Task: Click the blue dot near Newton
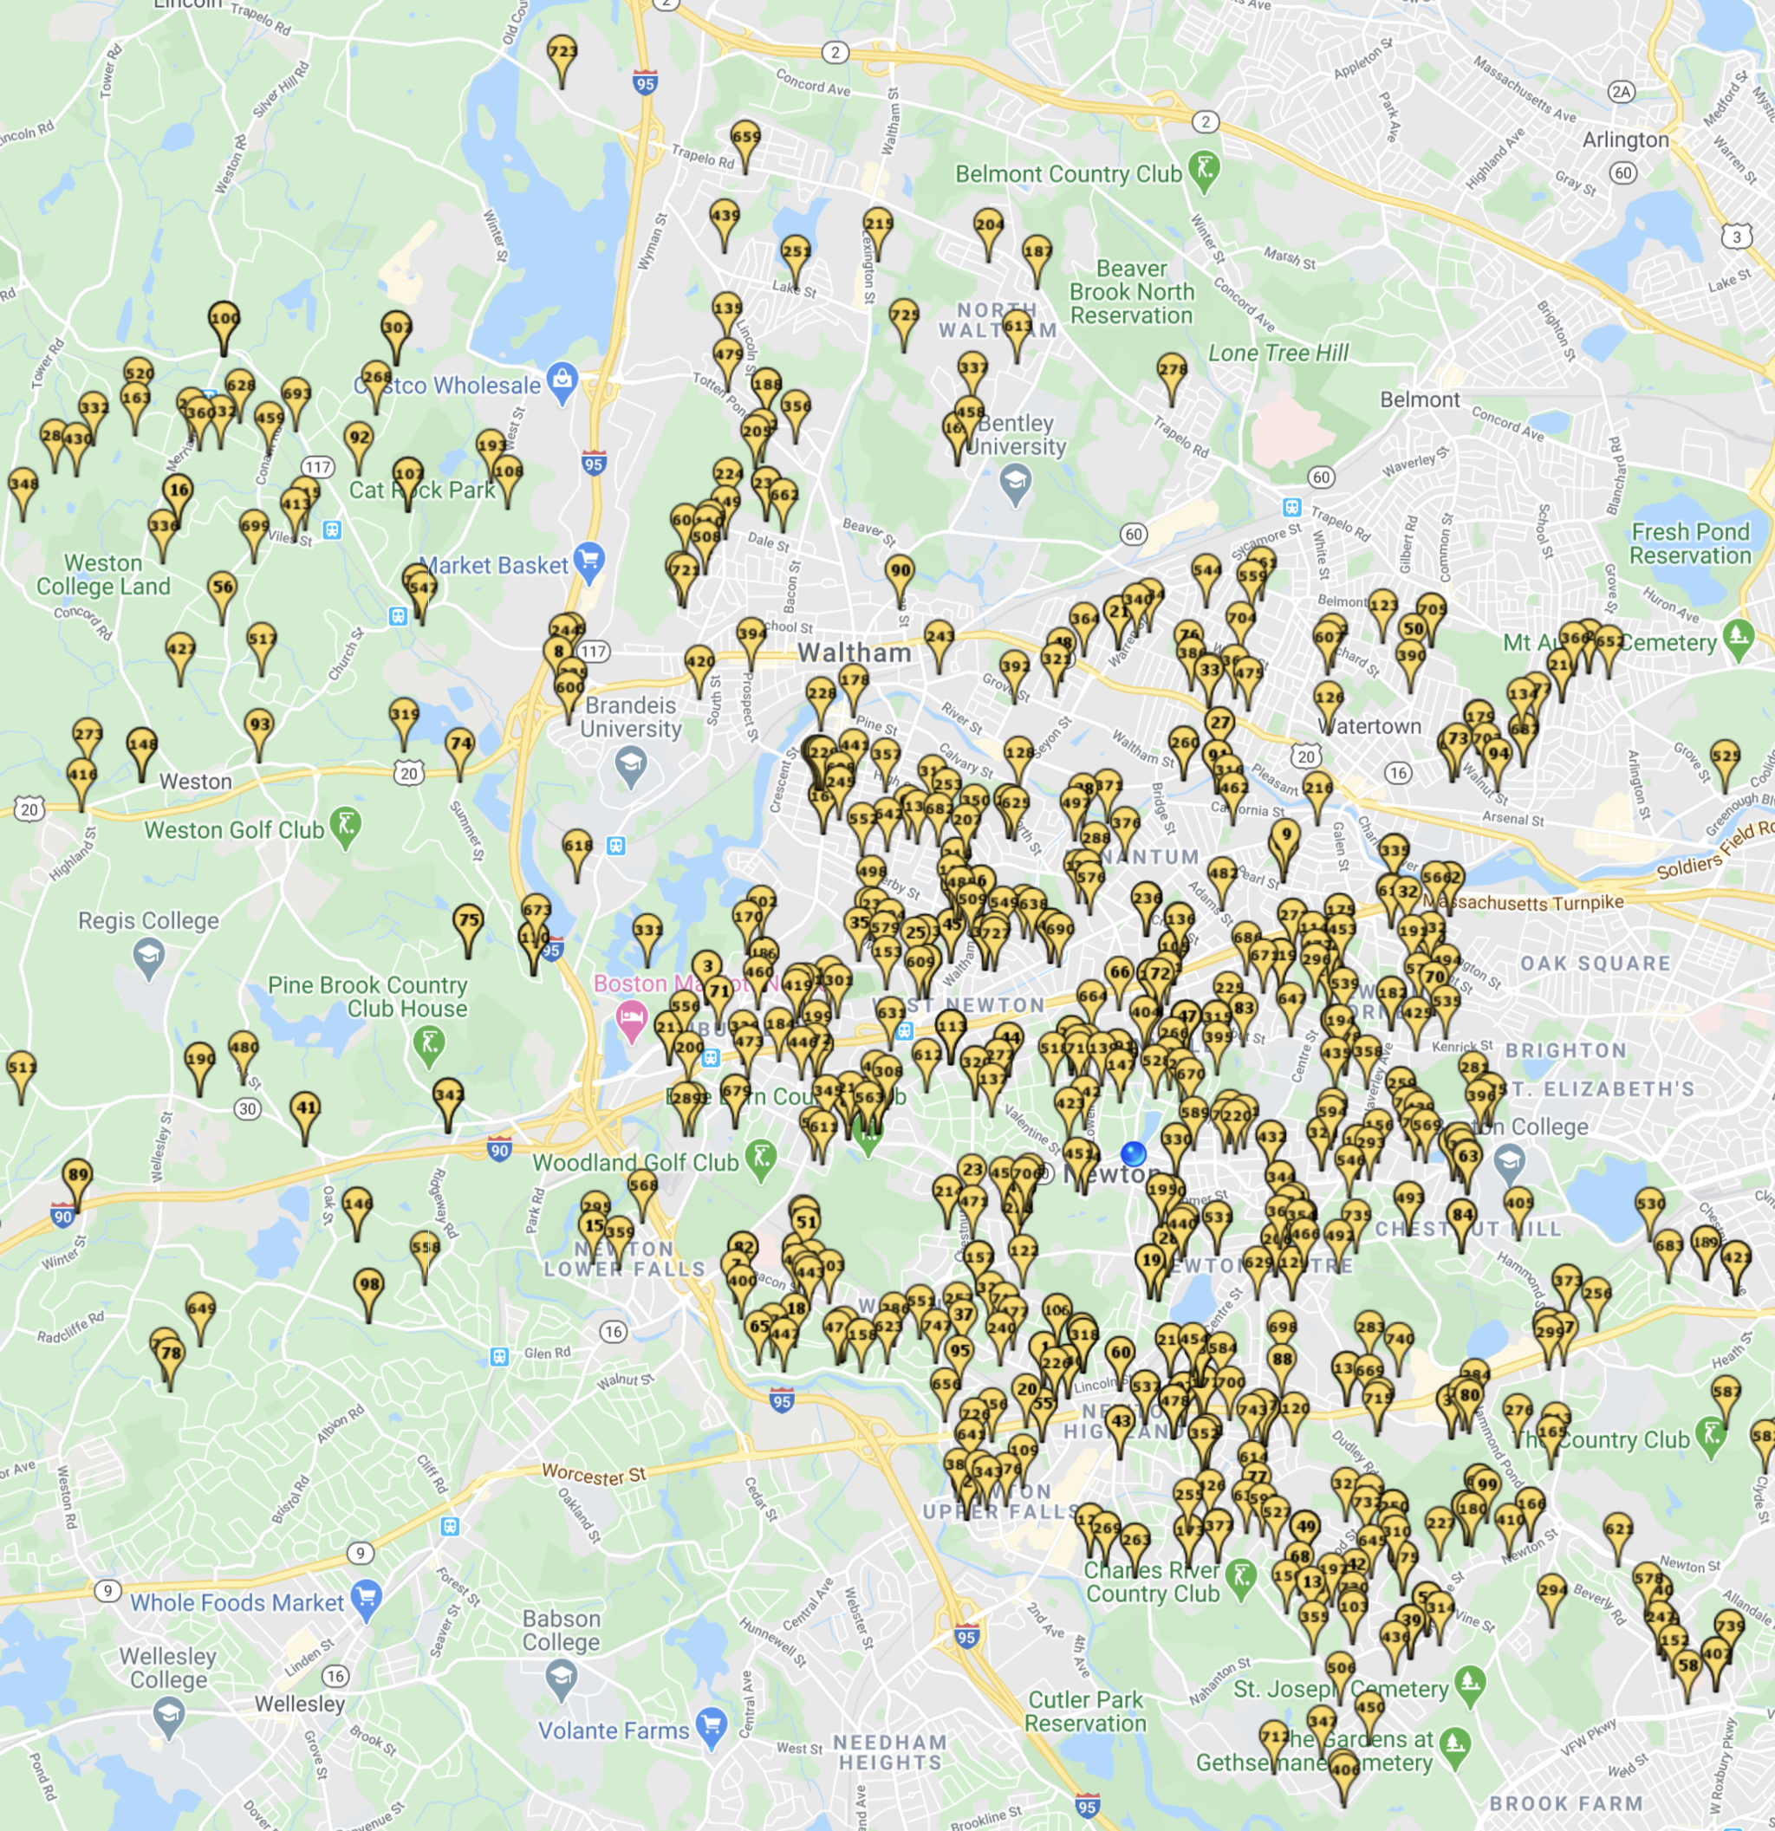click(x=1133, y=1154)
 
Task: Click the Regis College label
click(x=147, y=921)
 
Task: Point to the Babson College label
click(x=561, y=1630)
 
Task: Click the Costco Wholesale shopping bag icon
click(x=562, y=381)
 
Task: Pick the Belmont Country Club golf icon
click(x=1204, y=170)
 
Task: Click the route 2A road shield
click(x=1622, y=91)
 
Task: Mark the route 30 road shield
click(x=247, y=1109)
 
